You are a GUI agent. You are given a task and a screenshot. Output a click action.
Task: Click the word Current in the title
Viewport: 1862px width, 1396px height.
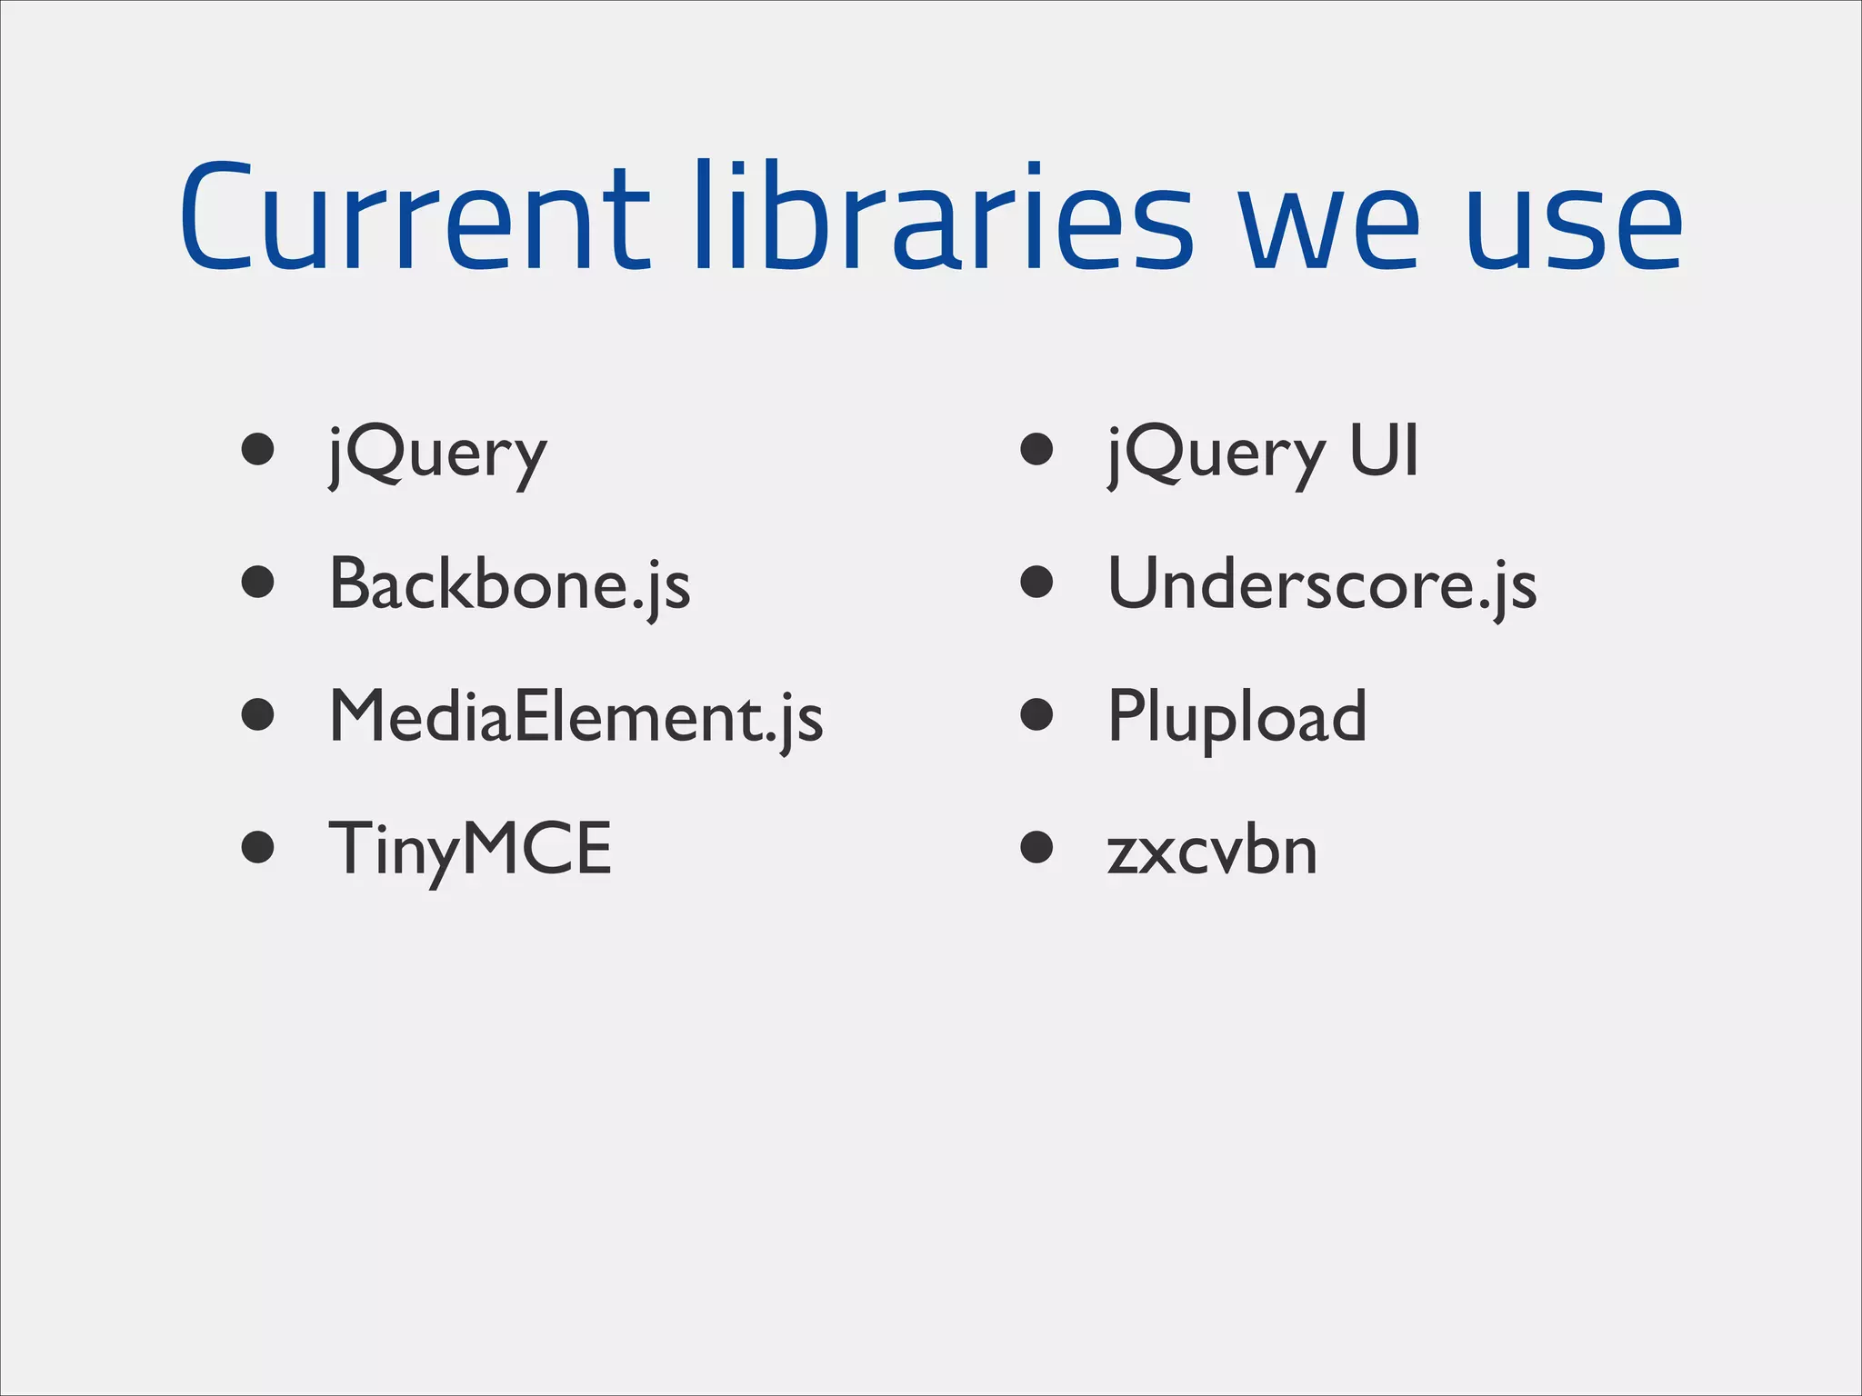[414, 218]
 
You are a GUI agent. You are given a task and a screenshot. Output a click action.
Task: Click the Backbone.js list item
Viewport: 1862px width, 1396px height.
[509, 584]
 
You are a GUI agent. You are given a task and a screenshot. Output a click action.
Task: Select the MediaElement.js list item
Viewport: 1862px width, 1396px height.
[576, 717]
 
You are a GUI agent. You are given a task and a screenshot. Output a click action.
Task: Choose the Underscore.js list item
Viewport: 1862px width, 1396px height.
[1322, 584]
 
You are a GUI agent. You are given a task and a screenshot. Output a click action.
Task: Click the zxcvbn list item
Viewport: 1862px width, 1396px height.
[1212, 852]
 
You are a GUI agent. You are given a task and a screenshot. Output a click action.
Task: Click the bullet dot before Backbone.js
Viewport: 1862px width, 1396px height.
[258, 582]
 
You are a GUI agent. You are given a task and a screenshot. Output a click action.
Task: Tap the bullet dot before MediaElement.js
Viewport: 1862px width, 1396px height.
[258, 714]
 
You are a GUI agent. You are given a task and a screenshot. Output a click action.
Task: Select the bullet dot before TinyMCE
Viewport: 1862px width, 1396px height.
[258, 847]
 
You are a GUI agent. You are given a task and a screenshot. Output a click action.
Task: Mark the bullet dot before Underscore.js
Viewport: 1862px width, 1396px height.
[1036, 582]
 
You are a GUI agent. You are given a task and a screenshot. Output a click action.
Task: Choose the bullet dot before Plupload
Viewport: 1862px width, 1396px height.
[1036, 714]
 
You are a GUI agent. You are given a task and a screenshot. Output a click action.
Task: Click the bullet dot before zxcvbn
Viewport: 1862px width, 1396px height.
[1036, 847]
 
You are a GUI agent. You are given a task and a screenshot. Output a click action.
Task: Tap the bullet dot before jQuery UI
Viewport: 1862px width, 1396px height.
[1036, 449]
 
